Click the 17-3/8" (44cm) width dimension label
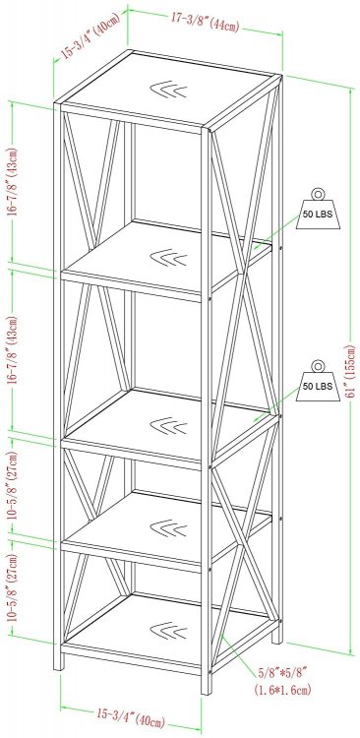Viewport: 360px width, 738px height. tap(206, 22)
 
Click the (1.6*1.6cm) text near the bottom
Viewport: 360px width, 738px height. tap(283, 691)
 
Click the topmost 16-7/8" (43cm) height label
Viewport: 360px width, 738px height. tap(13, 182)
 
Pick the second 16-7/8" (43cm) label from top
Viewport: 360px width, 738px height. tap(13, 350)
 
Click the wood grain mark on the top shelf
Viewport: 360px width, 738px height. tap(168, 90)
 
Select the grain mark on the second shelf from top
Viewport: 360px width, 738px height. tap(168, 258)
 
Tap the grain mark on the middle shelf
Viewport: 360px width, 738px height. tap(168, 426)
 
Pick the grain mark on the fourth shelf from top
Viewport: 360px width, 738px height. tap(168, 528)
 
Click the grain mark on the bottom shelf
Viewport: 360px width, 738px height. tap(168, 631)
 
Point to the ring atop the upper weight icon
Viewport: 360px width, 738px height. tap(318, 194)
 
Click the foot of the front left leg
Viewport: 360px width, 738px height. tap(58, 662)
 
